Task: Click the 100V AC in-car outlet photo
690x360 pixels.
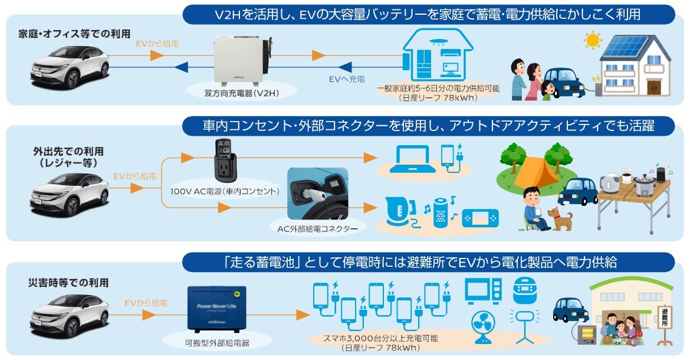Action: click(x=225, y=161)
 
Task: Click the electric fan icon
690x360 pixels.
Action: click(x=484, y=328)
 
